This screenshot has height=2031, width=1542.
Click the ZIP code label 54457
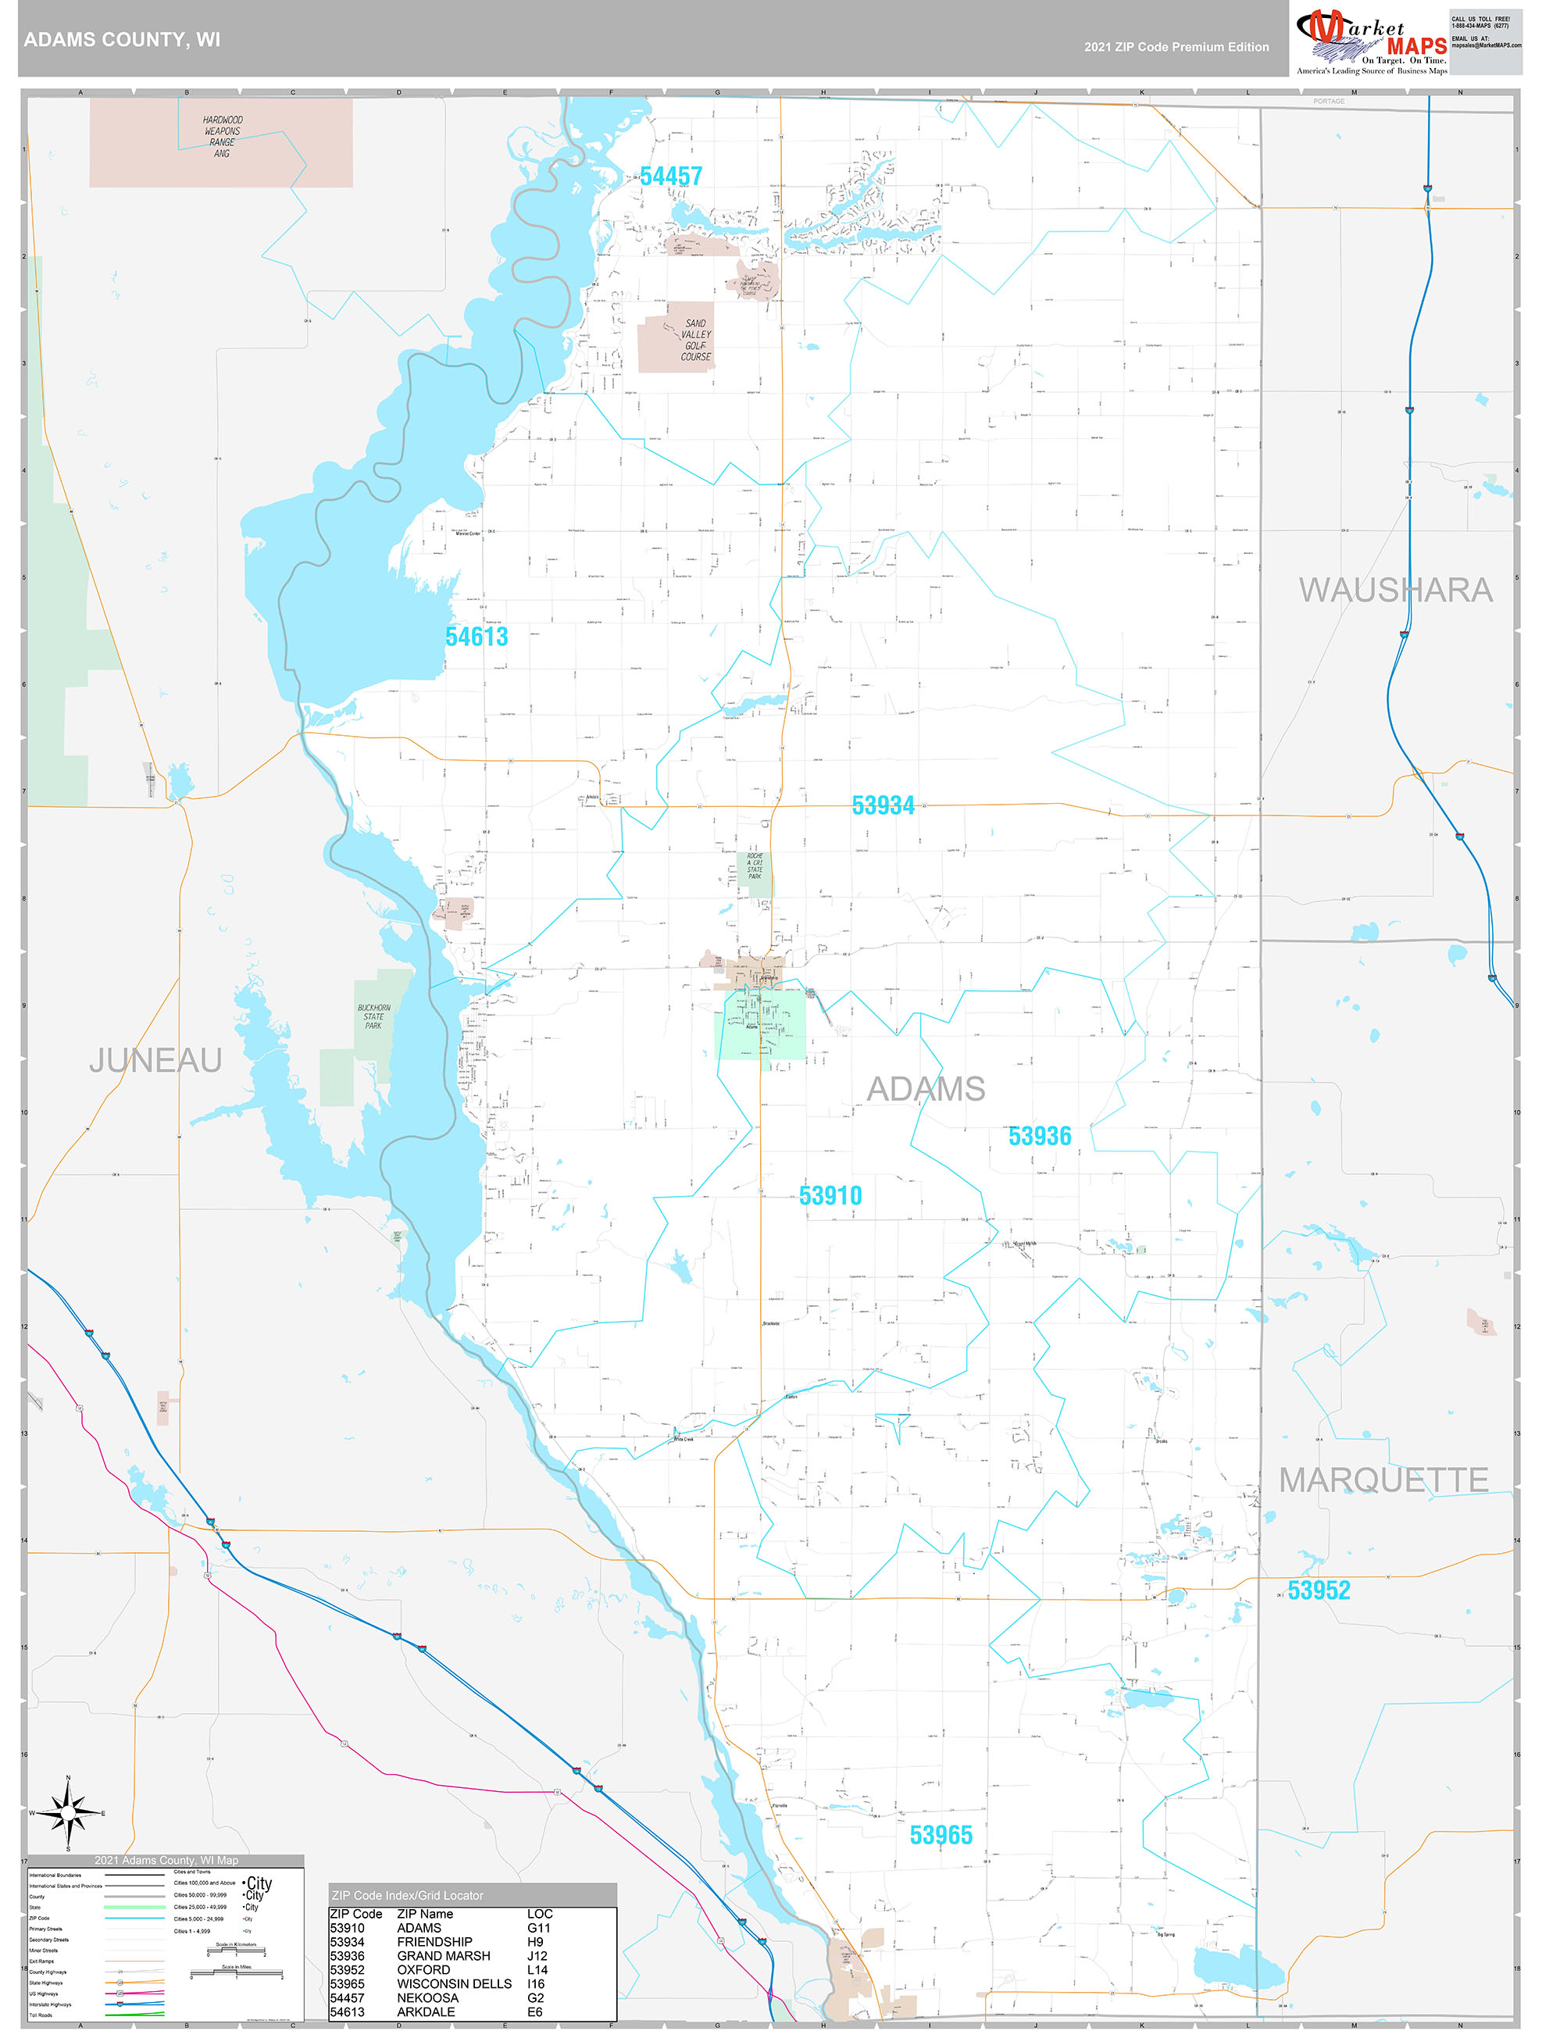(670, 177)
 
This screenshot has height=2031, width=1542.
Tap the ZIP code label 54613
(476, 637)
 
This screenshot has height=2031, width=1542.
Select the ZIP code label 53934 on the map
(883, 805)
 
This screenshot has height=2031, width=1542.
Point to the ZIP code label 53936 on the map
(1040, 1136)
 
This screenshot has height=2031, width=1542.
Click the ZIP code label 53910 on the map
(830, 1195)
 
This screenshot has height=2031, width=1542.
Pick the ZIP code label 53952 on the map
(1319, 1590)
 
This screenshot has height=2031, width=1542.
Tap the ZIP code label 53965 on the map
(941, 1834)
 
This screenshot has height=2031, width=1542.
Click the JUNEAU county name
(155, 1061)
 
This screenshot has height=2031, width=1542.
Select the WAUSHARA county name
(1395, 591)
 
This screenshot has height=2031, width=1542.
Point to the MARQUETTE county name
(1383, 1480)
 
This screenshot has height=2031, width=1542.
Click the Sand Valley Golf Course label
(695, 340)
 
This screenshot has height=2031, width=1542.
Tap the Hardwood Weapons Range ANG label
(223, 137)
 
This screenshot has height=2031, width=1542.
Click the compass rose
(68, 1813)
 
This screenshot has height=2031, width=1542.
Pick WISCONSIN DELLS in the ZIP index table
(454, 1983)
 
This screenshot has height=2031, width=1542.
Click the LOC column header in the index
(540, 1914)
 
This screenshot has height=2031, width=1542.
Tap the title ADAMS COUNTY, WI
(122, 40)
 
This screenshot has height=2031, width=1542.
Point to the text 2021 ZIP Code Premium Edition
(1176, 47)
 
